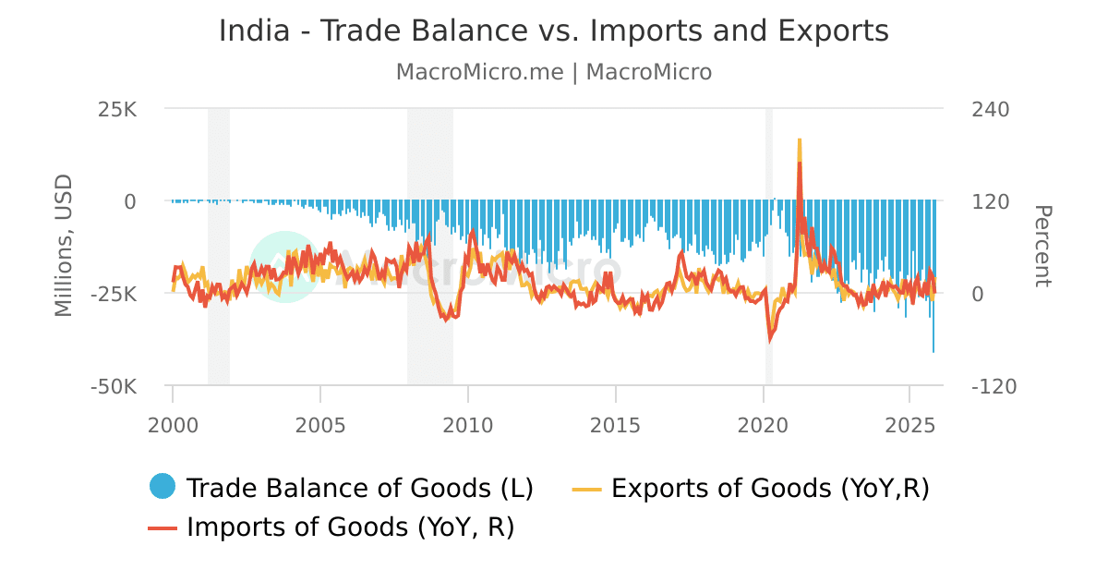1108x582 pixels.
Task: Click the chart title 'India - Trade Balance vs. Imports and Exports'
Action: pos(553,31)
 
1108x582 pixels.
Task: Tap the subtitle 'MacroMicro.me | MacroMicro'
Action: pos(553,72)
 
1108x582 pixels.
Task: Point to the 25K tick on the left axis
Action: pos(117,109)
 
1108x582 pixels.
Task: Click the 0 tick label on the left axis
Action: pos(130,201)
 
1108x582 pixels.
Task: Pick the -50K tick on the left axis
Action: pos(114,386)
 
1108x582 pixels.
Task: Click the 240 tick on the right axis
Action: pos(991,109)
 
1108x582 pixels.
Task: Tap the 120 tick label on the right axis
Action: pos(991,201)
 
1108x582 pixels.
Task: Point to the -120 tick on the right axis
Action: pos(994,386)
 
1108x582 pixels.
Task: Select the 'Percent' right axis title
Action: pos(1042,247)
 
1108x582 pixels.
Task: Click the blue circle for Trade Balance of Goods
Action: pos(163,487)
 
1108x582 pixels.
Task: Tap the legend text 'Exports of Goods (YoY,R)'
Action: pos(770,488)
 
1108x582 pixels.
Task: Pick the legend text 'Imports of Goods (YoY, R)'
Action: pos(351,527)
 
